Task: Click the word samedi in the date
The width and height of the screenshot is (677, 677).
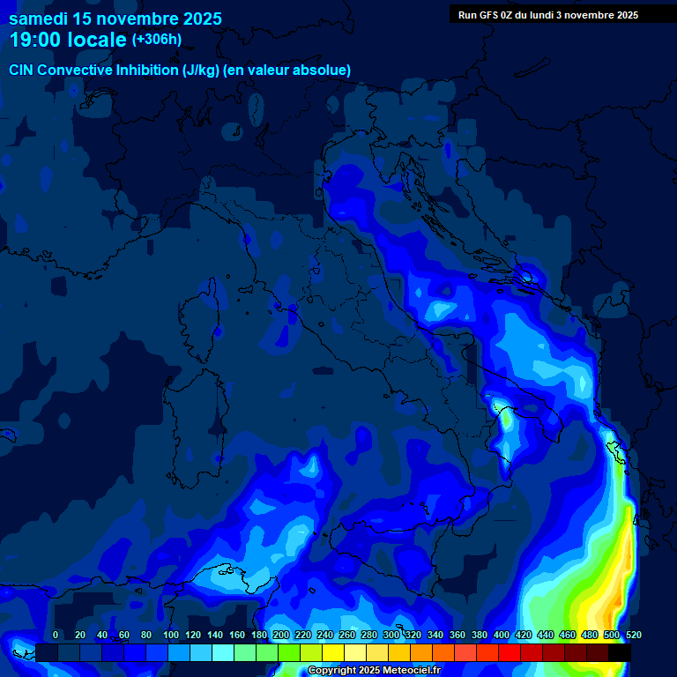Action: pyautogui.click(x=39, y=19)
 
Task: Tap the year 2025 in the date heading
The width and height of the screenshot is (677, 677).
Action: pyautogui.click(x=199, y=19)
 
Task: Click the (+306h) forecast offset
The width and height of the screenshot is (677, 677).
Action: pyautogui.click(x=157, y=40)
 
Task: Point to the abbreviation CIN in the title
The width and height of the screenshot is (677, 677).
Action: pyautogui.click(x=22, y=70)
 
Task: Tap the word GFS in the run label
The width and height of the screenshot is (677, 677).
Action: pyautogui.click(x=487, y=15)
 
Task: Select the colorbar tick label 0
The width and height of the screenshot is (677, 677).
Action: pyautogui.click(x=56, y=635)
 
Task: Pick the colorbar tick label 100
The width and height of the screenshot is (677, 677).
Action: pyautogui.click(x=171, y=635)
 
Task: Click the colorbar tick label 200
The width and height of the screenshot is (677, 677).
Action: pyautogui.click(x=281, y=635)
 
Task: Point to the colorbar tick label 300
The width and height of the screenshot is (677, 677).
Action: pyautogui.click(x=391, y=635)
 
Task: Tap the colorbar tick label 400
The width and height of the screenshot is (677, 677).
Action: pyautogui.click(x=502, y=635)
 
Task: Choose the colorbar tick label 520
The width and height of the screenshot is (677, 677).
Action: pyautogui.click(x=633, y=635)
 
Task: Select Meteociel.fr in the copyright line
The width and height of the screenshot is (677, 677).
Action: pyautogui.click(x=411, y=671)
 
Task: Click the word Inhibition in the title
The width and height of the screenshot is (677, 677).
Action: pyautogui.click(x=148, y=70)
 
